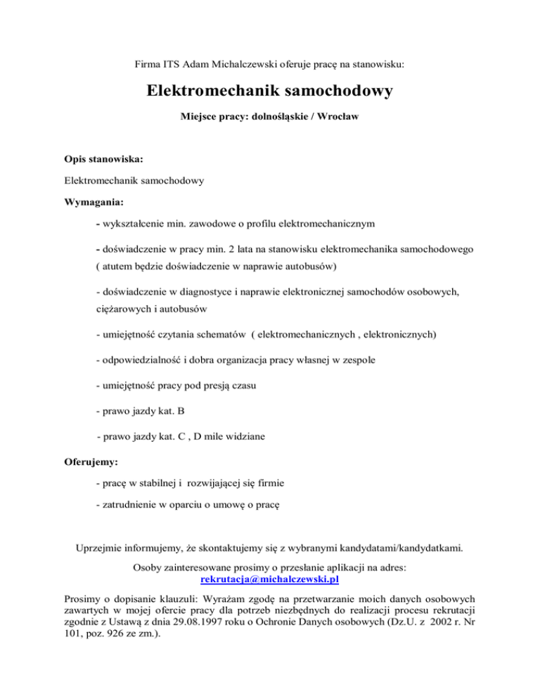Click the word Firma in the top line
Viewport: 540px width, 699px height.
(x=148, y=64)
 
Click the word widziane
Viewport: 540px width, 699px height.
(x=239, y=437)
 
